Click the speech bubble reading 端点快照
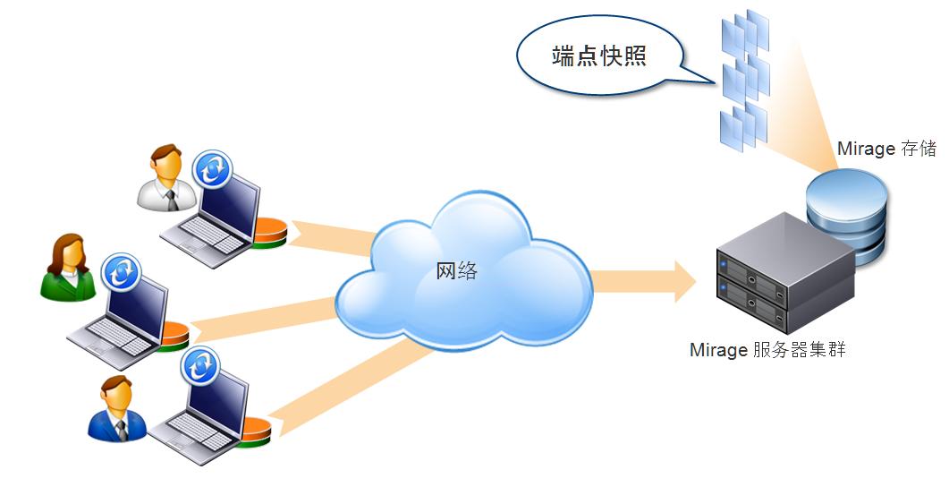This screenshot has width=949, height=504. click(598, 57)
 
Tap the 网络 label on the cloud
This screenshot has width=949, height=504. click(456, 270)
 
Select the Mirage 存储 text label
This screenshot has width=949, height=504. click(885, 149)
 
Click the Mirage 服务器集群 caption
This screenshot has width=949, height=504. click(767, 350)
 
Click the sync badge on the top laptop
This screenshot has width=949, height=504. click(213, 169)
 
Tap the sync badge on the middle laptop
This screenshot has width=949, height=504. click(121, 272)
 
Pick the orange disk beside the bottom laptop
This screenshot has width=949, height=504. click(256, 431)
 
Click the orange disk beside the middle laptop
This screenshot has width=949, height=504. click(174, 336)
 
